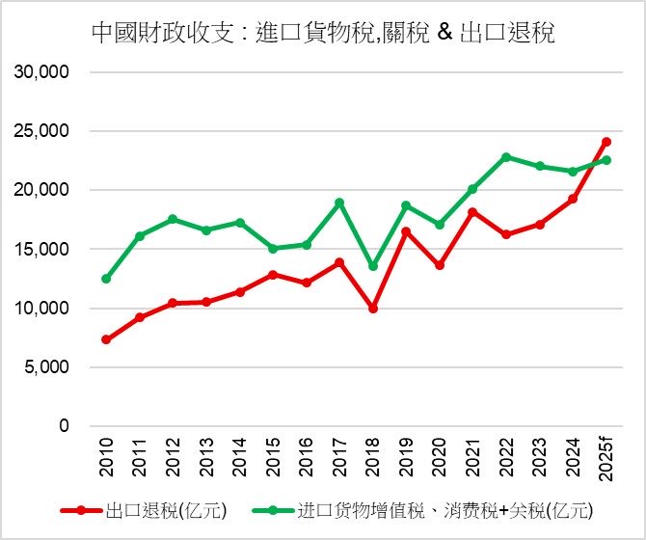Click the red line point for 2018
(373, 309)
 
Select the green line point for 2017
(339, 202)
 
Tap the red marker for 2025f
(606, 142)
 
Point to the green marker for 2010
(106, 279)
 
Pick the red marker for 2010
(106, 339)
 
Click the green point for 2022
(506, 157)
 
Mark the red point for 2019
(406, 231)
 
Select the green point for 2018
(373, 266)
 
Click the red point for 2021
(472, 212)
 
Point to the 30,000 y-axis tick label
(41, 72)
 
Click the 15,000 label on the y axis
(41, 250)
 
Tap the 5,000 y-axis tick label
(45, 367)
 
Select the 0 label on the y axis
(64, 426)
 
